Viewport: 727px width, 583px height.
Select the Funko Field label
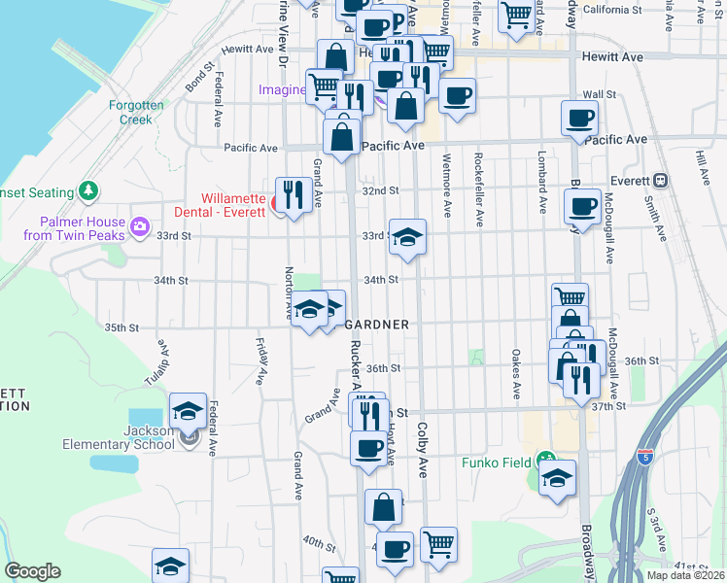pos(498,463)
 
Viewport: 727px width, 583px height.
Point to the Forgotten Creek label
pos(136,112)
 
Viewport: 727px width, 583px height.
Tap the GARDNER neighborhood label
pos(377,324)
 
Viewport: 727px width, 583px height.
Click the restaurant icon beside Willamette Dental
pos(293,192)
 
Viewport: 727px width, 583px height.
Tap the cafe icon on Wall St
pos(457,95)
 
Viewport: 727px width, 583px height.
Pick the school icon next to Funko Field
pos(557,477)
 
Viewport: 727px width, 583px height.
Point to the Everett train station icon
pos(660,180)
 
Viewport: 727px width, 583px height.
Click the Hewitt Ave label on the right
pos(612,57)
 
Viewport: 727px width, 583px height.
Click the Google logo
pos(32,571)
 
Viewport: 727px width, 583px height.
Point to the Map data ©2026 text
pos(685,575)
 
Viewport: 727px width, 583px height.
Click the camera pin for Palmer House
pos(140,228)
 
